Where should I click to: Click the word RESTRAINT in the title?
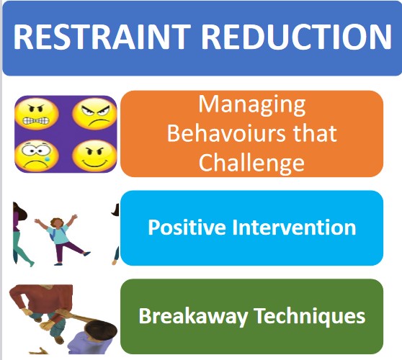(x=102, y=37)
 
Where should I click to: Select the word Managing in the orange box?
(x=252, y=105)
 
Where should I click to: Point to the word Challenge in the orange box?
(x=251, y=163)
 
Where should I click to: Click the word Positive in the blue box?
(x=187, y=228)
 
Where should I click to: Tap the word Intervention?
(x=295, y=228)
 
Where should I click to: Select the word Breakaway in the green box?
(x=193, y=316)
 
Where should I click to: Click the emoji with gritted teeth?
(x=37, y=114)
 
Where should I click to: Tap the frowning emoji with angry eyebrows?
(x=94, y=114)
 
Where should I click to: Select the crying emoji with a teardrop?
(x=37, y=156)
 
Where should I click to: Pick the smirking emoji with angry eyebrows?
(x=94, y=156)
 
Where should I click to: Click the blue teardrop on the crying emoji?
(x=47, y=159)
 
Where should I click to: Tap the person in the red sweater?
(x=43, y=302)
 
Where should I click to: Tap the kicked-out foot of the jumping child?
(x=87, y=253)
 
